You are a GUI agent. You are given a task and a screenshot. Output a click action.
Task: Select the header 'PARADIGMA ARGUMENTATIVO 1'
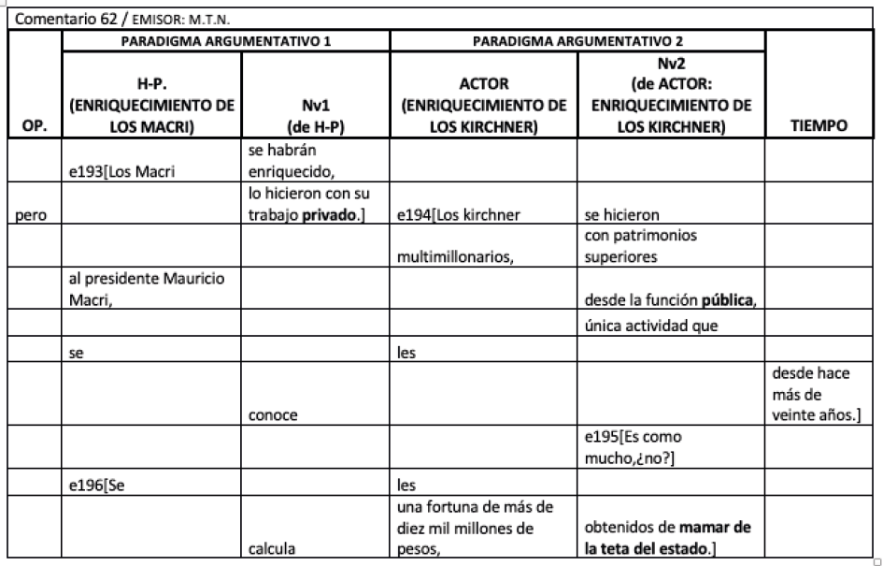(226, 40)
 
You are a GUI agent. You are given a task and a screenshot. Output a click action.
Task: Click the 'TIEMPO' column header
(821, 123)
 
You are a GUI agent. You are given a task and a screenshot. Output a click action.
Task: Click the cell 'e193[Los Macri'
(115, 173)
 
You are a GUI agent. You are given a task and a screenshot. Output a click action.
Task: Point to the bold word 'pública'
(725, 298)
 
